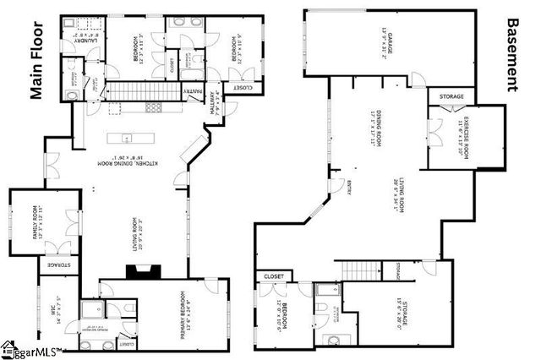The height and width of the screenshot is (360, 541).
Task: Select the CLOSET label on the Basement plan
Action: [274, 276]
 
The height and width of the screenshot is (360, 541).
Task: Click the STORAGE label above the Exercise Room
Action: [451, 97]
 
